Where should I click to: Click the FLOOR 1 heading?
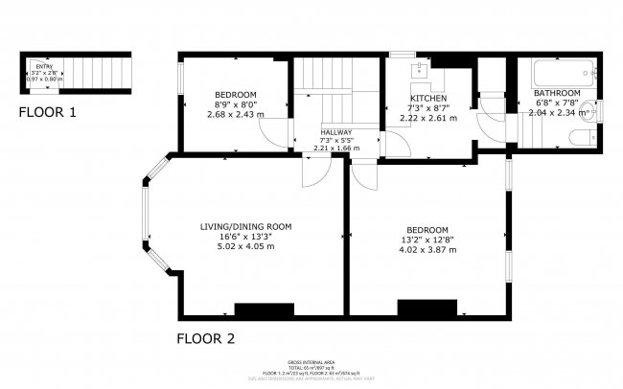point(48,113)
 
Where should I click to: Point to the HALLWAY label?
point(336,132)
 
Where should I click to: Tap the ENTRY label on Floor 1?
point(46,65)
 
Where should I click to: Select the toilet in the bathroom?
point(575,139)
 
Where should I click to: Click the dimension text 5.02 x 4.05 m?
point(245,246)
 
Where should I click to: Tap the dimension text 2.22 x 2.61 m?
point(427,119)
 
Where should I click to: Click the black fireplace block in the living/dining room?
point(264,310)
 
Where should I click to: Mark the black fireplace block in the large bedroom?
point(427,309)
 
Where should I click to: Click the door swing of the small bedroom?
point(275,134)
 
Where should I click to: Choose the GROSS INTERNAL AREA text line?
point(311,360)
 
